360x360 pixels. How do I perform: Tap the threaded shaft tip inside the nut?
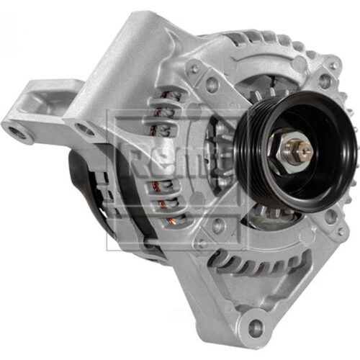305,150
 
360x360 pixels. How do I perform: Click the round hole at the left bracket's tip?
16,130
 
